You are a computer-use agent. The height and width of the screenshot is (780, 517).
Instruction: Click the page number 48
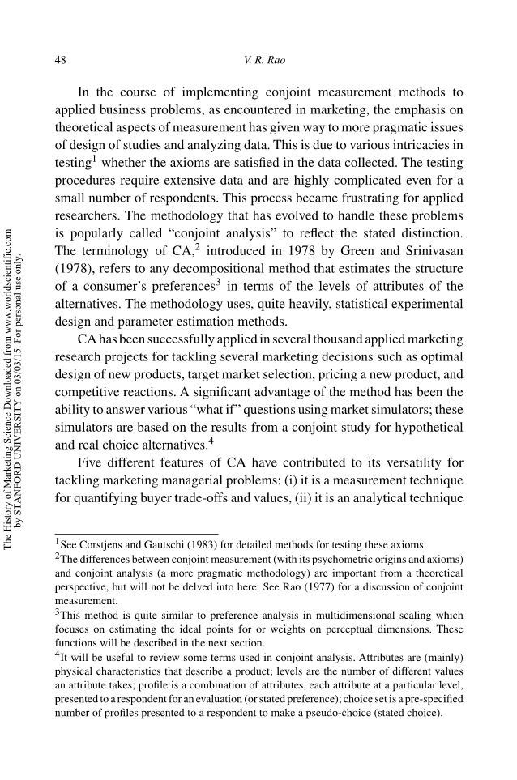tap(60, 60)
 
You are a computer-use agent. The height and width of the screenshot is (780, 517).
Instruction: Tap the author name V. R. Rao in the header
tap(259, 60)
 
